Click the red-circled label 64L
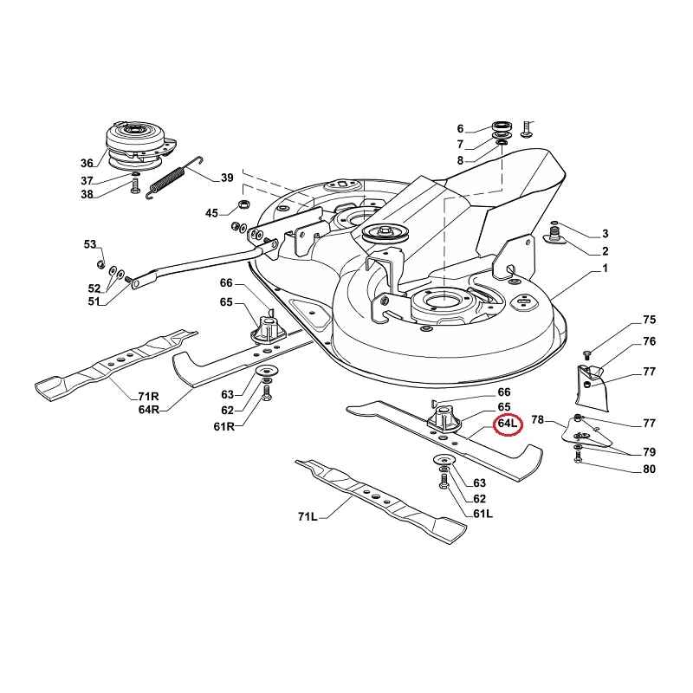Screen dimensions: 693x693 pos(506,425)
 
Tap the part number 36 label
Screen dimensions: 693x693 pos(87,163)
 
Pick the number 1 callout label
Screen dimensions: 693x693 pos(606,269)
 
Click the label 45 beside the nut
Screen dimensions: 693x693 pos(212,213)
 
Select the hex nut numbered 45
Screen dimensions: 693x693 pos(243,206)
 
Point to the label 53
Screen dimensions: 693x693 pos(91,245)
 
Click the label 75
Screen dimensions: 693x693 pos(650,321)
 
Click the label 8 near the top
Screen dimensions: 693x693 pos(461,160)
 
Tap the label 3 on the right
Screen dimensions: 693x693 pos(606,234)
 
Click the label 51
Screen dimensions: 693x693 pos(93,301)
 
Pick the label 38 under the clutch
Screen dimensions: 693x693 pos(87,195)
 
